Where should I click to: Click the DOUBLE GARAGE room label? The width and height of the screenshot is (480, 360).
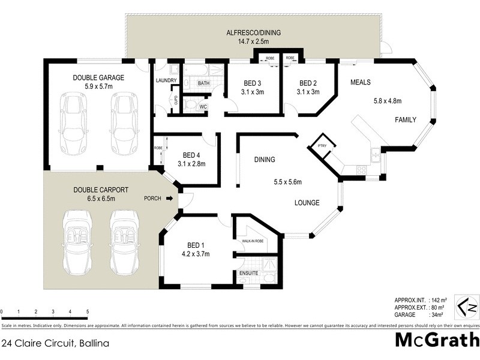[x=98, y=77]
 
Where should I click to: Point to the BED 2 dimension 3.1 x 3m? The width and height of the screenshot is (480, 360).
[x=308, y=92]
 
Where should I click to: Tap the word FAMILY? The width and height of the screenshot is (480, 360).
[x=405, y=120]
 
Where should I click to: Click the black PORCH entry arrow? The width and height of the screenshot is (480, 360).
[x=170, y=199]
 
